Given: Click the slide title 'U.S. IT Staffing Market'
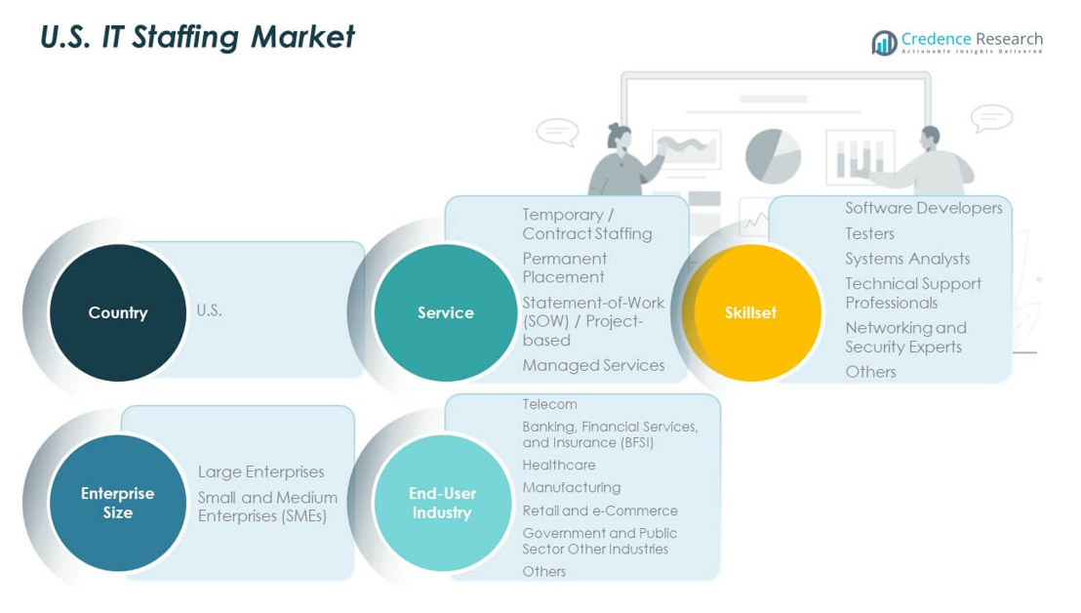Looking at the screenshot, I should coord(197,37).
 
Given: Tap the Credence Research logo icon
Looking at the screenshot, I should coord(884,43).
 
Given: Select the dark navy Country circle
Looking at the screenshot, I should coord(118,312).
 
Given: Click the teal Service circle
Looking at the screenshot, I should coord(445,312).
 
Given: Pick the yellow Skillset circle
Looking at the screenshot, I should coord(751,312).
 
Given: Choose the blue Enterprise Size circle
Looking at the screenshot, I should coord(118,503).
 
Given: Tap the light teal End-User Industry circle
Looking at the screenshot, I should coord(442,503).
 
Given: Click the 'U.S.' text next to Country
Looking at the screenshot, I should coord(209,310).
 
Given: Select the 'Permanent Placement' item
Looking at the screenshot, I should coord(564,267).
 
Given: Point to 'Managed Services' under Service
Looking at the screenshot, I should coord(593,365).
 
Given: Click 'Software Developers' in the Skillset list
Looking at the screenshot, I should coord(923,208).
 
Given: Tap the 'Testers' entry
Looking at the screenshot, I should coord(869,233).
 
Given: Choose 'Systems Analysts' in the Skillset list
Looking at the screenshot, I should coord(907,259).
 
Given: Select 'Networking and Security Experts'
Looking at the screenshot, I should coord(904,337).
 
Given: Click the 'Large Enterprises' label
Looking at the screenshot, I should coord(260,472).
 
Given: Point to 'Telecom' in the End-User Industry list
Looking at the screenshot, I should coord(549,404).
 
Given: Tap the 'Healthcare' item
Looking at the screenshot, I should coord(558,466).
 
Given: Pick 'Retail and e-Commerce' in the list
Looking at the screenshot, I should coord(599,511).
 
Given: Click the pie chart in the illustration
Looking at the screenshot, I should coord(773,156).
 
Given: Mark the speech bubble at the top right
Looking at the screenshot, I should coord(991,118).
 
